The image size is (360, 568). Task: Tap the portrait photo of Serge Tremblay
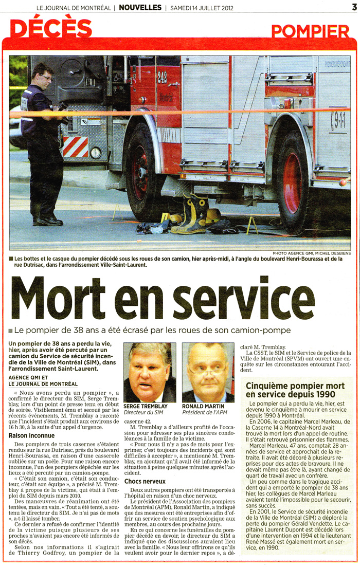(149, 373)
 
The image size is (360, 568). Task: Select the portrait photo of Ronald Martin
(208, 373)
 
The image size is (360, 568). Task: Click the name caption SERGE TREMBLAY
(146, 406)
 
